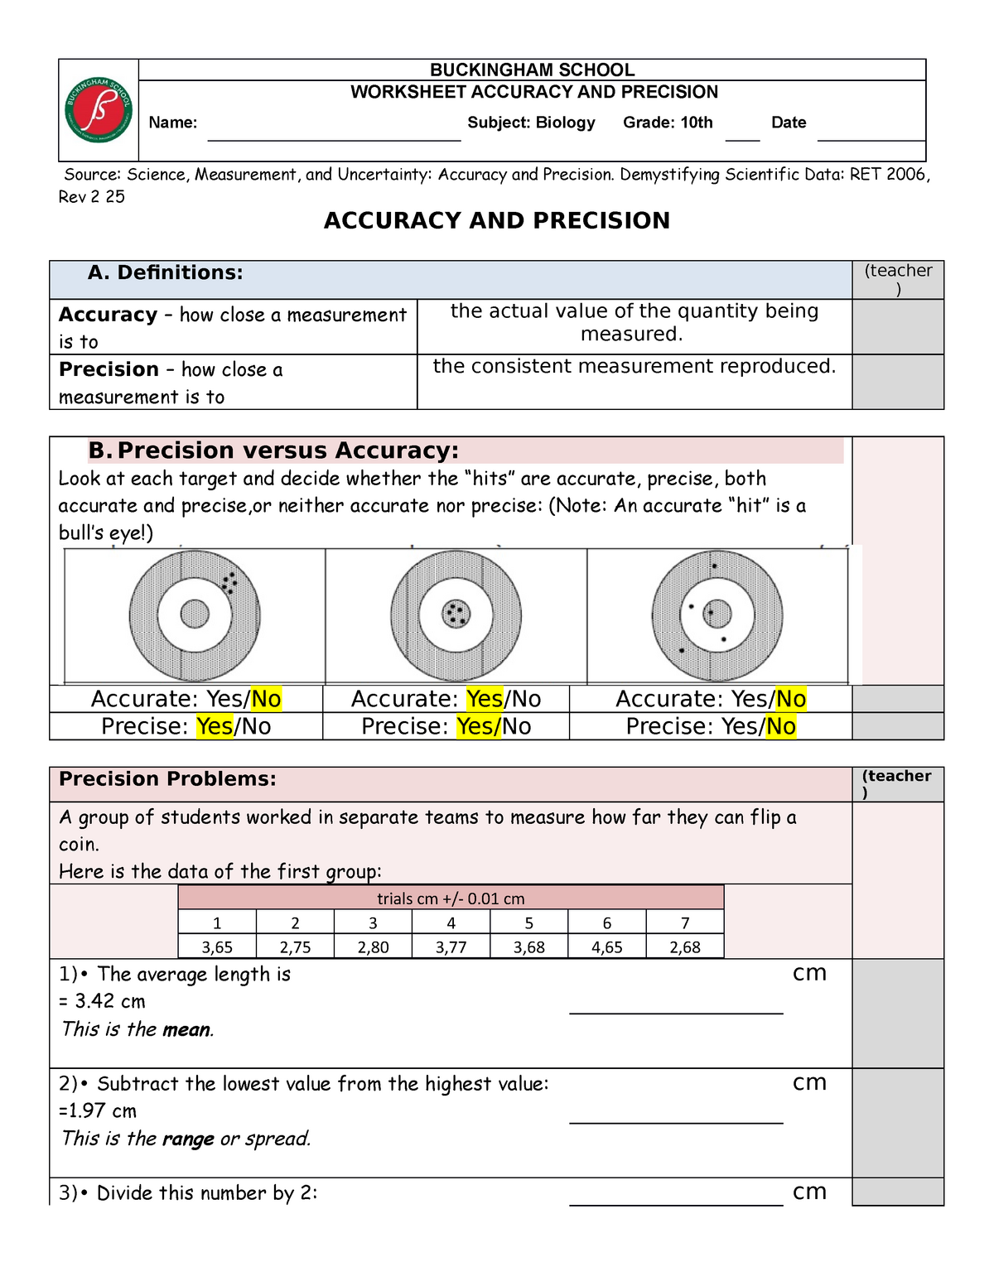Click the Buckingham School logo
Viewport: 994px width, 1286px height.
click(x=99, y=110)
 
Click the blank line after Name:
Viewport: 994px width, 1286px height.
click(x=333, y=132)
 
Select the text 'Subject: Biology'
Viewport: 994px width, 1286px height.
click(x=531, y=123)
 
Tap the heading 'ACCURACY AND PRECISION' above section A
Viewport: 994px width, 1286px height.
click(x=496, y=220)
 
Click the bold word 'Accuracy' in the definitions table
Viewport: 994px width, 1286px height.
click(x=108, y=315)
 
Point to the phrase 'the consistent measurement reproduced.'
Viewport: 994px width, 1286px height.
click(x=634, y=366)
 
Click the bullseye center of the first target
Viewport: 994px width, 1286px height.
click(x=195, y=614)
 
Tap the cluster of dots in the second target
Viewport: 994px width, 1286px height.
click(x=456, y=614)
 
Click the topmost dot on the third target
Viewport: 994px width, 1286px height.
click(x=714, y=566)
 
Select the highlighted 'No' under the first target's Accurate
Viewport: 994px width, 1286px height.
click(x=266, y=699)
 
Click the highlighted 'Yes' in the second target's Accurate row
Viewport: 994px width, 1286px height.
click(x=484, y=699)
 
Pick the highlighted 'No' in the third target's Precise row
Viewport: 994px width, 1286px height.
click(x=780, y=726)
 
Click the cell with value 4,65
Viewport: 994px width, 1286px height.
click(x=606, y=946)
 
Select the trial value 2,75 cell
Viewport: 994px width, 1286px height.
click(x=295, y=946)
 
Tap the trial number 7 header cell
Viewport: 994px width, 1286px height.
click(x=684, y=922)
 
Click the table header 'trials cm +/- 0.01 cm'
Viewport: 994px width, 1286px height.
click(x=451, y=898)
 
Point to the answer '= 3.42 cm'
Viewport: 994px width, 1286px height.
click(x=102, y=1001)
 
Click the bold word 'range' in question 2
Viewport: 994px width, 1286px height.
click(x=188, y=1139)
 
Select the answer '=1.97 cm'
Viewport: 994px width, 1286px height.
click(x=98, y=1111)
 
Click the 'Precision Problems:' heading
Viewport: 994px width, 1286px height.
click(x=167, y=779)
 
